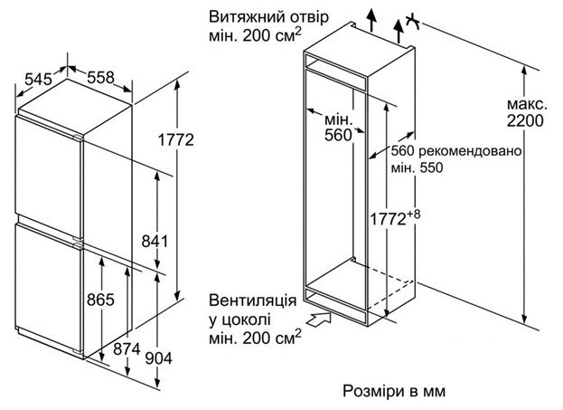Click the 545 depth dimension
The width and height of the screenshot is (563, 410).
coord(38,80)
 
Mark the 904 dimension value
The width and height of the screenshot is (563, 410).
coord(157,358)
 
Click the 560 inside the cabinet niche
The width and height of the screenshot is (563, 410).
coord(336,136)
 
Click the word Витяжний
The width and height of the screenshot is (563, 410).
coord(240,18)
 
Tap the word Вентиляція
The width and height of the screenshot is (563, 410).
coord(250,300)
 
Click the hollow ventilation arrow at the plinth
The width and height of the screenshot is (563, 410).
coord(319,318)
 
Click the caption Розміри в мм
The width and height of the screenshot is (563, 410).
coord(395,391)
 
